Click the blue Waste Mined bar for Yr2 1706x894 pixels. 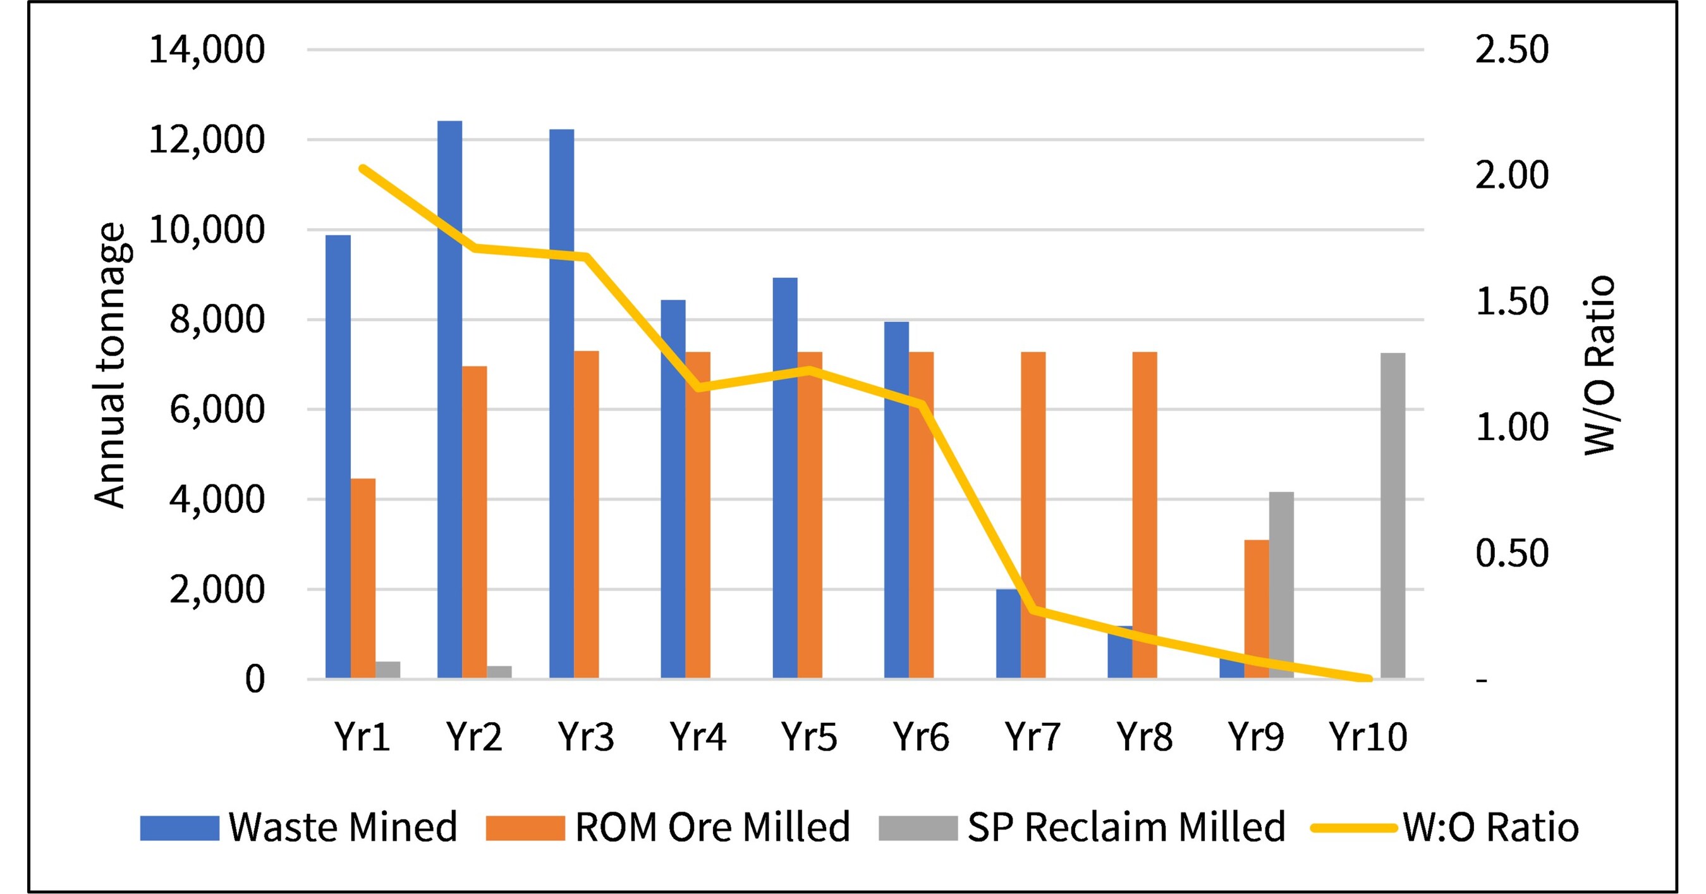(x=449, y=400)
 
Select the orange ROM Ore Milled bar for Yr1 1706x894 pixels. (x=363, y=578)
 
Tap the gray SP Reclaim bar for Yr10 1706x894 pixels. (x=1392, y=515)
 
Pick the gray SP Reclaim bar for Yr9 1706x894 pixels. (x=1281, y=585)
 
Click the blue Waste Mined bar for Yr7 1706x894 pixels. (x=1009, y=634)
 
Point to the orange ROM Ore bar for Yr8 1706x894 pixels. (x=1145, y=515)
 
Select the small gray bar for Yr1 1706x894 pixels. (x=388, y=670)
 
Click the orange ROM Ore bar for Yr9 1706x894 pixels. (x=1257, y=609)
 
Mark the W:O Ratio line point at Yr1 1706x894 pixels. (x=363, y=168)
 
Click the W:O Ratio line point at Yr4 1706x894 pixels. (x=698, y=388)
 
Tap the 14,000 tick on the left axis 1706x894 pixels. (x=207, y=49)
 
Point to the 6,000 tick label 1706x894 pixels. (x=217, y=409)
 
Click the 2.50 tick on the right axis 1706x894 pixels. (x=1512, y=49)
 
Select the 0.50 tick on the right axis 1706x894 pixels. (x=1512, y=553)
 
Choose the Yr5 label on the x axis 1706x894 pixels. (x=809, y=737)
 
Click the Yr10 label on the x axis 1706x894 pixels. (x=1368, y=737)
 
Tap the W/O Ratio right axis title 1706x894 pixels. (x=1599, y=365)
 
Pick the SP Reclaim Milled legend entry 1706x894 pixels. (x=1082, y=827)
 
